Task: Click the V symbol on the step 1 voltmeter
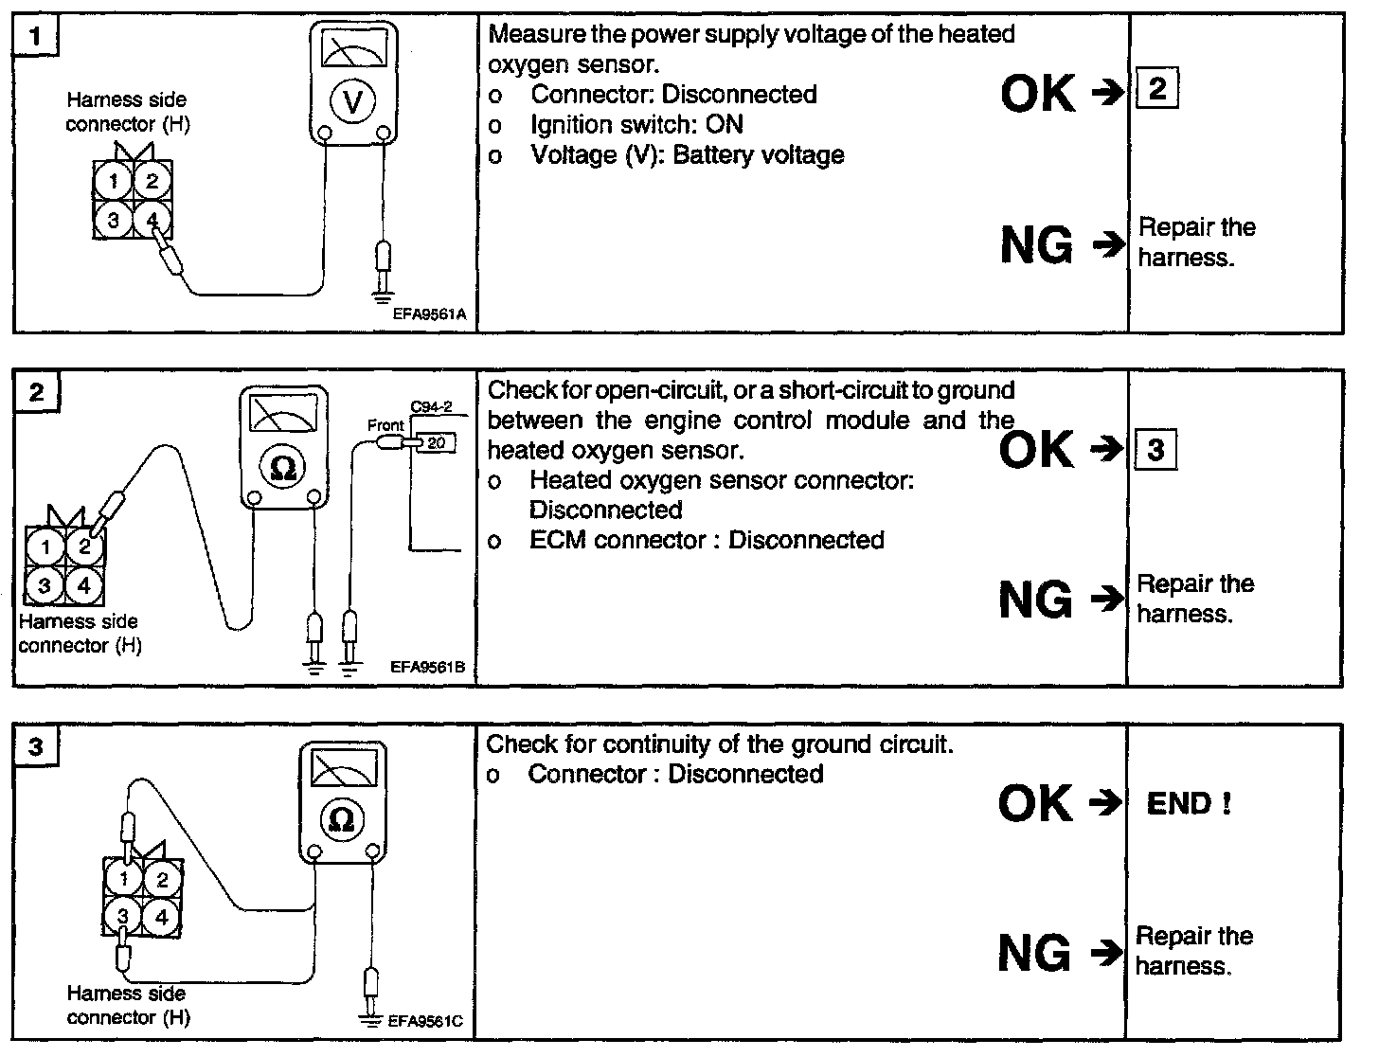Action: click(x=352, y=101)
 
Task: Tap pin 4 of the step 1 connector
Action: click(x=152, y=220)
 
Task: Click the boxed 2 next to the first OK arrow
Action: click(x=1156, y=91)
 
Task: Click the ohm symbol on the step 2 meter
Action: click(x=282, y=468)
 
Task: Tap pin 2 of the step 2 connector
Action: click(x=84, y=545)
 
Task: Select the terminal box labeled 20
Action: click(x=436, y=441)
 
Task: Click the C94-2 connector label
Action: click(x=432, y=407)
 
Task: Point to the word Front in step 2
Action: click(x=385, y=425)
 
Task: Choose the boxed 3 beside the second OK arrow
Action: click(x=1155, y=449)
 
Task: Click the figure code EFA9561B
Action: click(x=428, y=668)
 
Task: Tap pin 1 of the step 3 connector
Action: click(x=123, y=880)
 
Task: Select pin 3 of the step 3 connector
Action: click(x=123, y=916)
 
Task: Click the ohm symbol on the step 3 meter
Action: click(x=342, y=819)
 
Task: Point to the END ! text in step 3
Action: click(x=1189, y=804)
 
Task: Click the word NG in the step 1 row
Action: click(x=1036, y=246)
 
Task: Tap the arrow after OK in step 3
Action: click(x=1103, y=803)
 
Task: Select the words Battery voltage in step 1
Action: click(x=759, y=155)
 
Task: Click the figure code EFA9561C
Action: click(x=425, y=1022)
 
